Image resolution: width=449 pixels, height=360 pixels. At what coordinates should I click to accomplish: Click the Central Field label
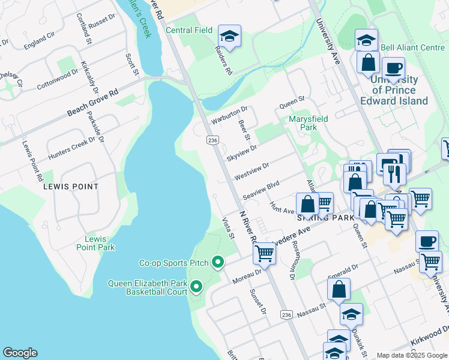(189, 30)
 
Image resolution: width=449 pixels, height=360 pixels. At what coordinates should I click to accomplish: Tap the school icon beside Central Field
(229, 37)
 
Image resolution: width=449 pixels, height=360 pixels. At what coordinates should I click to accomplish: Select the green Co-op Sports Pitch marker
(218, 263)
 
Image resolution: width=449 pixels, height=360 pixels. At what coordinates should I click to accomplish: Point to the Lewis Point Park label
(95, 243)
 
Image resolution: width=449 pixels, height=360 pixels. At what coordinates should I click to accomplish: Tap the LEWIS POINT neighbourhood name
(71, 187)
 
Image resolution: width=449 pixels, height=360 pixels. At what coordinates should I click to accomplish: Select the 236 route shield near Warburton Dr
(211, 140)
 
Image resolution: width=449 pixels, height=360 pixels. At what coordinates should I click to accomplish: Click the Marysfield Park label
(308, 123)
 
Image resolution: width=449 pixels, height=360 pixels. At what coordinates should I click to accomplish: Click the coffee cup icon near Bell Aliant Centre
(393, 68)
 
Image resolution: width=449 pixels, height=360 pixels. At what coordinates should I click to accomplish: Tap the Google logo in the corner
(20, 353)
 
